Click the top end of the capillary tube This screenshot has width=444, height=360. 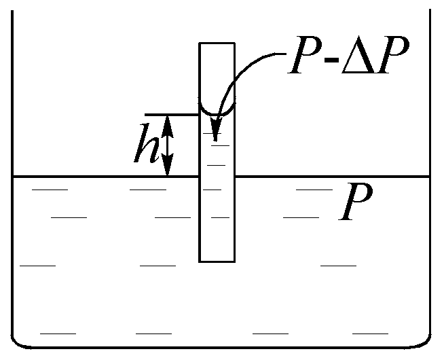(x=217, y=43)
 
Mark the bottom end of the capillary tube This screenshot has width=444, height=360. (x=217, y=261)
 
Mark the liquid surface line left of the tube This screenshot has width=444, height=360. (x=102, y=177)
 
